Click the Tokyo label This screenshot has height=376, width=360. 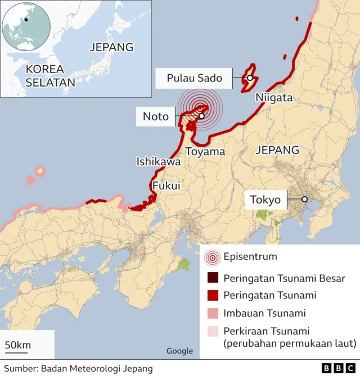tap(265, 200)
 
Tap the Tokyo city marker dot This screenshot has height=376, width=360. tap(304, 199)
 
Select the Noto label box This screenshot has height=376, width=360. tap(156, 116)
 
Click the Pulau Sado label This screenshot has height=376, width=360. tap(194, 78)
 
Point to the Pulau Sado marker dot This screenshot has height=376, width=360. tap(249, 78)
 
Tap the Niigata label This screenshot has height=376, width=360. tap(274, 98)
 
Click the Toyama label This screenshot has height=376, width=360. tap(205, 152)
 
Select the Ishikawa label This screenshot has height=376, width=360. tap(159, 162)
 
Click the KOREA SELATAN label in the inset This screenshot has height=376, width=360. tap(49, 76)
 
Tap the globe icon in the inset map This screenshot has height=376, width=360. tap(26, 26)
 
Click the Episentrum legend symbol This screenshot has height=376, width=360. tap(212, 258)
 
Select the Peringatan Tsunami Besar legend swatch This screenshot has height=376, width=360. tap(212, 278)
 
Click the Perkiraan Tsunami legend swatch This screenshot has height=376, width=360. tap(212, 331)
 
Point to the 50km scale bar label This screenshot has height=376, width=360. tap(17, 345)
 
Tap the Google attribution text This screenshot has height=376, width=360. tap(179, 351)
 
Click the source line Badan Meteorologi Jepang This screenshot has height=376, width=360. tap(78, 369)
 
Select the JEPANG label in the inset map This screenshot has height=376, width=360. tap(111, 47)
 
